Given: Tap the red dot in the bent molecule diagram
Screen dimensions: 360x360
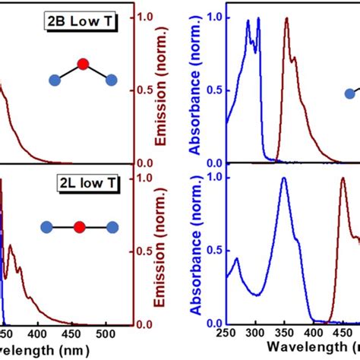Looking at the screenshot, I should pos(83,63).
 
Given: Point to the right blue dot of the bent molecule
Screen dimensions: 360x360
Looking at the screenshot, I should pos(111,79).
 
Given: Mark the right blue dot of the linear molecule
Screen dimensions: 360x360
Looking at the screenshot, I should pos(112,226).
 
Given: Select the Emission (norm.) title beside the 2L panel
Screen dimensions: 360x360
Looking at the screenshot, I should pos(163,251).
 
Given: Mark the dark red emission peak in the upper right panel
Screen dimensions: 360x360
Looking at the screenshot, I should pos(286,19).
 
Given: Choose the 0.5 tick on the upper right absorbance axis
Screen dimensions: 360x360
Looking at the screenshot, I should pos(215,90).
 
